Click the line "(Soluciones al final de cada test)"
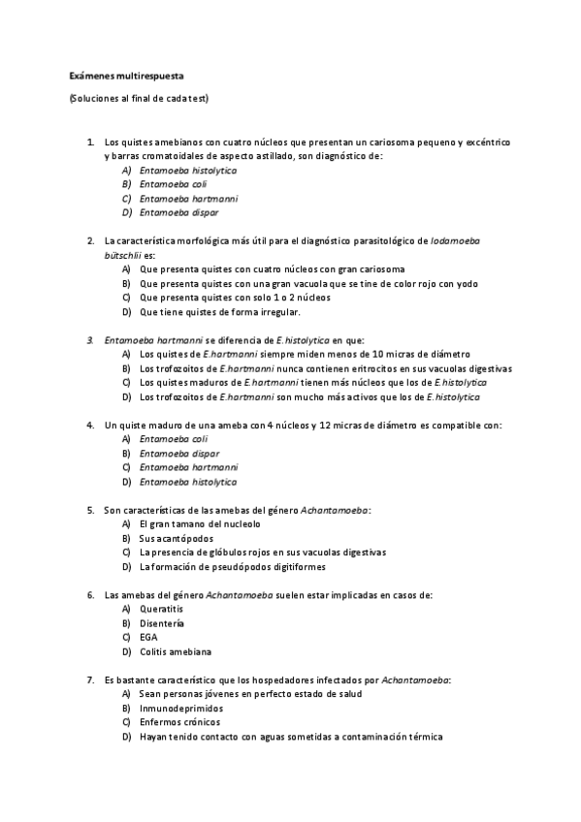[139, 99]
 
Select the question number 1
[90, 142]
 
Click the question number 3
[90, 340]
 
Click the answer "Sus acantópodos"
[176, 538]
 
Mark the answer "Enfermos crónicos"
[179, 722]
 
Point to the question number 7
[90, 680]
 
